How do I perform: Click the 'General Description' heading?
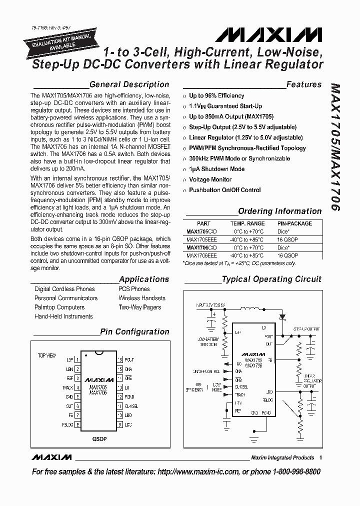(x=129, y=84)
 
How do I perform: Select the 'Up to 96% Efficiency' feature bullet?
(x=216, y=95)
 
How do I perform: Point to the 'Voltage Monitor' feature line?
(x=210, y=179)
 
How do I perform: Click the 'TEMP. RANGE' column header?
(x=247, y=223)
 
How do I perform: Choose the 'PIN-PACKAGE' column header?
(x=294, y=223)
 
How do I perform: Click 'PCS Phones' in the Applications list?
(x=134, y=289)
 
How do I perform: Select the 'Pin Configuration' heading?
(x=134, y=331)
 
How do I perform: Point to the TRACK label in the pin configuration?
(x=67, y=387)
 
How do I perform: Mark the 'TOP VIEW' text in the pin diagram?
(x=47, y=355)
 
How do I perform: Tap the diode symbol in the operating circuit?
(x=283, y=316)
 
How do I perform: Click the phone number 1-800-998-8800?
(x=290, y=472)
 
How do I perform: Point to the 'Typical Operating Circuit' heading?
(x=271, y=279)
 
